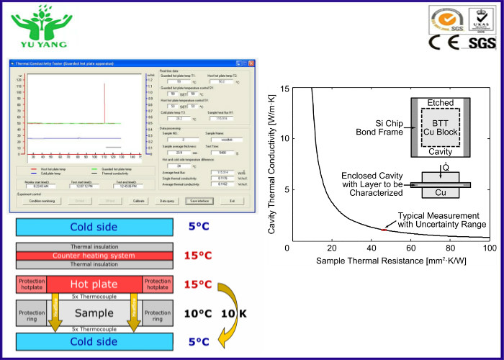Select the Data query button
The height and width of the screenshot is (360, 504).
pyautogui.click(x=166, y=201)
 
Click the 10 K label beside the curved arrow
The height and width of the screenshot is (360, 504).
pyautogui.click(x=229, y=314)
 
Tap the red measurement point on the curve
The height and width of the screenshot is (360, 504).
pyautogui.click(x=384, y=229)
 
